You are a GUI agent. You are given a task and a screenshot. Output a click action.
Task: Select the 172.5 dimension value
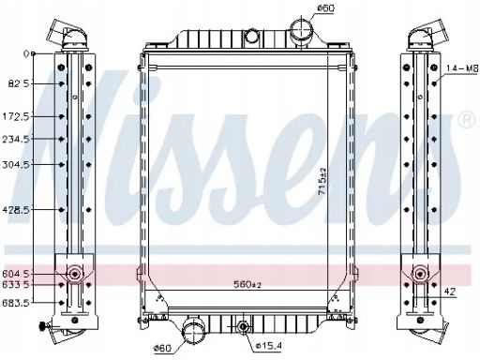[16, 117]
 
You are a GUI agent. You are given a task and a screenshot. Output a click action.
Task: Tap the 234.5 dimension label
[16, 139]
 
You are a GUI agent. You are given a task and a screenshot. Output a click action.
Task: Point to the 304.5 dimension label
[16, 165]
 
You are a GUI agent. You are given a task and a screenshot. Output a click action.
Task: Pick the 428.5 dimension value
[16, 210]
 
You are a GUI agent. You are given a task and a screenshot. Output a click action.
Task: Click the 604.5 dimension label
[16, 274]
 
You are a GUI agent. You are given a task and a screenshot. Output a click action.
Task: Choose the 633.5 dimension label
[16, 285]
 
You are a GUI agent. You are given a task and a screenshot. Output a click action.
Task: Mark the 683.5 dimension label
[16, 303]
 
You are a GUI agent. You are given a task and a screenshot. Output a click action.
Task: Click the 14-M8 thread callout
[462, 68]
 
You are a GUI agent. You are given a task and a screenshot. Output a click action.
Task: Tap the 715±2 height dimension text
[322, 182]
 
